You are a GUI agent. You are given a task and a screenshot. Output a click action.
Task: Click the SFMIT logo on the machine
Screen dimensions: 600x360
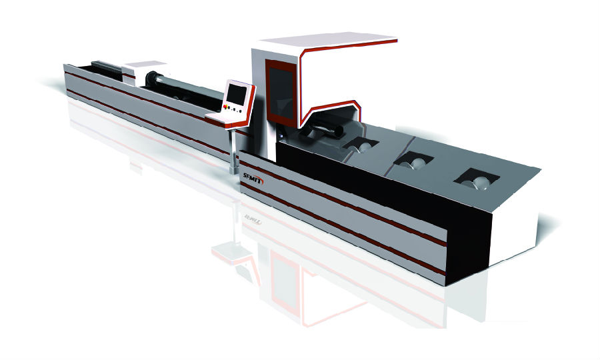point(253,178)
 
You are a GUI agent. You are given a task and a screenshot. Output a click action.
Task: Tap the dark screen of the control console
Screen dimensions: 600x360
point(236,94)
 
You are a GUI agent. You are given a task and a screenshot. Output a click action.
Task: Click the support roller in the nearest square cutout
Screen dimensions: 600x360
point(476,183)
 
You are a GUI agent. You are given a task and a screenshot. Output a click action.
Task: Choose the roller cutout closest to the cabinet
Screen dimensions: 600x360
point(360,145)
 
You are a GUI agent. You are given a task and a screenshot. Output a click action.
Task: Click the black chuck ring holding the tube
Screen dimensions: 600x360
point(151,79)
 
